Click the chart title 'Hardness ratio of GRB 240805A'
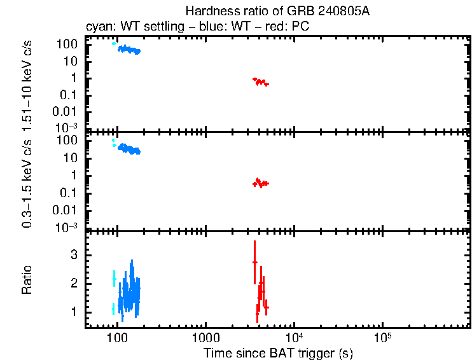[277, 11]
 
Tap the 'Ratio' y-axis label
[27, 280]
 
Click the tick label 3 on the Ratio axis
[74, 254]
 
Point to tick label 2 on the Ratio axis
[74, 283]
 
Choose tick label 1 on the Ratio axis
[74, 312]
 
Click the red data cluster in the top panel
[260, 81]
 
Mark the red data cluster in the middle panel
[260, 183]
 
